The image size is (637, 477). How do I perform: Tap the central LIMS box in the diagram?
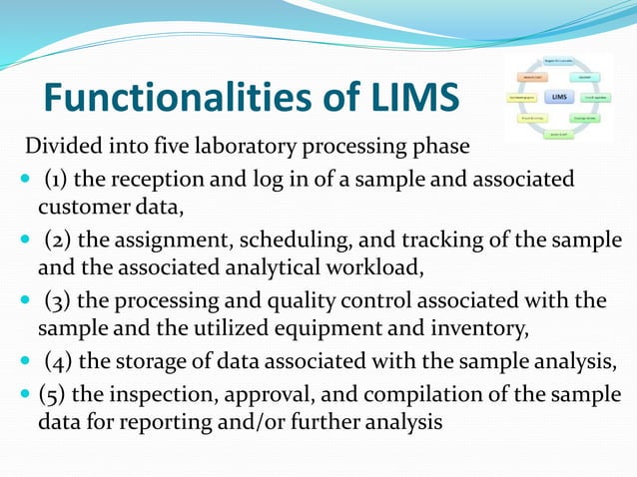click(559, 98)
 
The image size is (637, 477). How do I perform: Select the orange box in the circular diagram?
click(529, 76)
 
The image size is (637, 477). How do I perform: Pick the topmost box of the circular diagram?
click(557, 60)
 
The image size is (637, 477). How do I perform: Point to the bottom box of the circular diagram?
click(557, 134)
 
